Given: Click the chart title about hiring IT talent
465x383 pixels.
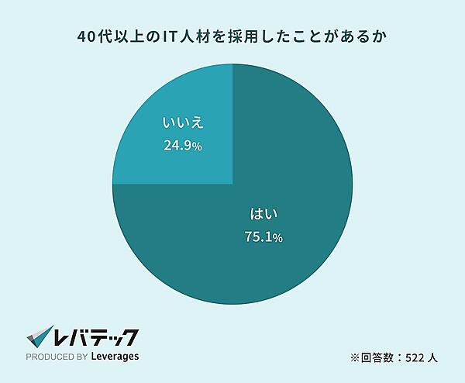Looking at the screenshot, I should (233, 36).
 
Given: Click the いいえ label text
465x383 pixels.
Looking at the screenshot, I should (183, 123).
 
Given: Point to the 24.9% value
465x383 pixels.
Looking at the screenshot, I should (183, 145).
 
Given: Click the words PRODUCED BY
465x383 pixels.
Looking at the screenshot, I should (57, 358).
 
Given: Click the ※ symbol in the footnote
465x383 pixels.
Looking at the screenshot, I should (355, 359).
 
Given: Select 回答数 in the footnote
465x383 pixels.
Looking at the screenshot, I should (375, 359).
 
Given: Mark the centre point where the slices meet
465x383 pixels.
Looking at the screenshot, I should (232, 185).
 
